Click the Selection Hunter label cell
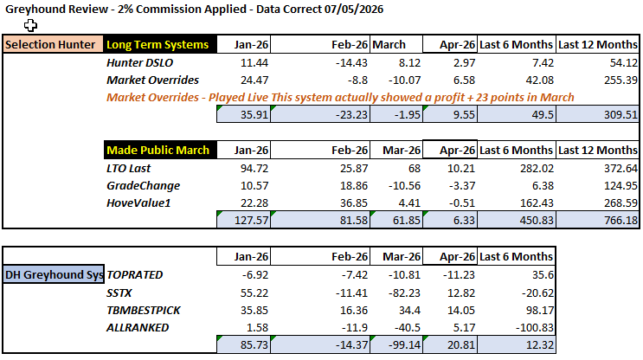[53, 44]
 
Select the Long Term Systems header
[160, 44]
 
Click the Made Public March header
[160, 150]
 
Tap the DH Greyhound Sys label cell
[54, 274]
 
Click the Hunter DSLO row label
[140, 62]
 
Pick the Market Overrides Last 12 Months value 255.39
[620, 80]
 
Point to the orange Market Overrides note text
[340, 98]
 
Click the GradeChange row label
[143, 186]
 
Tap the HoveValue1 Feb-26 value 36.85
[354, 203]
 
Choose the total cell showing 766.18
[598, 220]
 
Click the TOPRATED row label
[134, 274]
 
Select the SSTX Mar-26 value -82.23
[404, 293]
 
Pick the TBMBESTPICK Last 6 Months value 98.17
[540, 311]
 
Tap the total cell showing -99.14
[396, 344]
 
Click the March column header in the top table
[389, 44]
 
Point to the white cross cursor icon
[30, 25]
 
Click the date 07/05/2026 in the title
[353, 9]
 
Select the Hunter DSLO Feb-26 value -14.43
[351, 62]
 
